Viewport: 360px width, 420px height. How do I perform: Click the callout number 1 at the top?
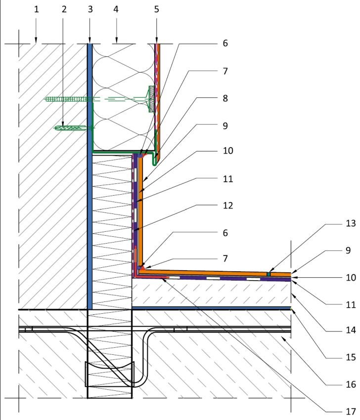point(37,9)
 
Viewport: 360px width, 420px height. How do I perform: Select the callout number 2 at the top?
point(64,9)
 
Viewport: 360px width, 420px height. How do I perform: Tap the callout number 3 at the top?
point(90,9)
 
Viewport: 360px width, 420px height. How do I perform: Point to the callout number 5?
point(157,9)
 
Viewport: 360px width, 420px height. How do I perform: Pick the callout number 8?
point(225,98)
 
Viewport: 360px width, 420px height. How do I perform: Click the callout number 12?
point(228,206)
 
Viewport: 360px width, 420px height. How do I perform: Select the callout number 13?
point(351,223)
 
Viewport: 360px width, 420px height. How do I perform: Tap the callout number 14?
point(351,330)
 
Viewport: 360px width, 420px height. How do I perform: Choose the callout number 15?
point(351,357)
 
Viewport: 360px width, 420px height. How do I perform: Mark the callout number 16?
point(351,384)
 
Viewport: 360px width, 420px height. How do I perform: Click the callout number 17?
point(351,411)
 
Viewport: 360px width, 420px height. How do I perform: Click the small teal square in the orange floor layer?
point(269,274)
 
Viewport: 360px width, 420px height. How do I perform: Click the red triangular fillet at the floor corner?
point(143,267)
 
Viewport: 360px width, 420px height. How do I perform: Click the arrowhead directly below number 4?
point(116,40)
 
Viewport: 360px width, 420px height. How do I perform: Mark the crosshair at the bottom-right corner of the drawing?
point(291,398)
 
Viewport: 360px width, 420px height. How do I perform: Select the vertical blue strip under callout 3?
point(90,176)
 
